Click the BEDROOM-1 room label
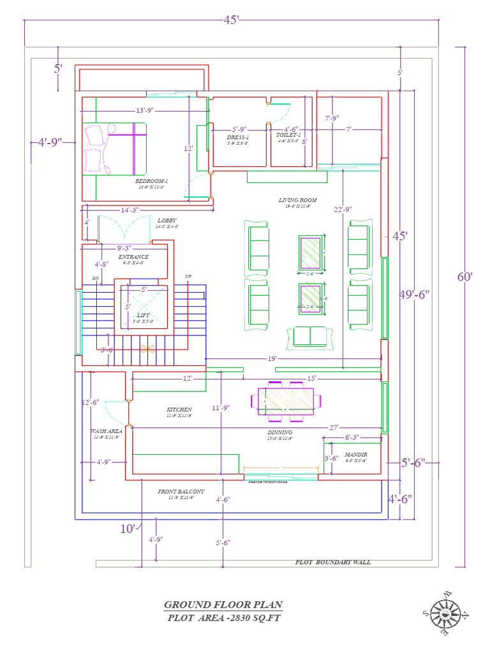click(151, 181)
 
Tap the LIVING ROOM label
click(297, 200)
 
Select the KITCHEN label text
click(179, 409)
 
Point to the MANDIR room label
click(356, 454)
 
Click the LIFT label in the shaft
click(144, 315)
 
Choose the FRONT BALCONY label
click(181, 492)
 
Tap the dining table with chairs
click(290, 401)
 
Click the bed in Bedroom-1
click(115, 149)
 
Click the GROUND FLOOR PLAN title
click(223, 605)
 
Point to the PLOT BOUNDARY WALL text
click(332, 562)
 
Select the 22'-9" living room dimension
click(342, 209)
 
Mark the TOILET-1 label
click(288, 135)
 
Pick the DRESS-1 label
click(238, 137)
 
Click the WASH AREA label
click(106, 431)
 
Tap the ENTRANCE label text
click(133, 257)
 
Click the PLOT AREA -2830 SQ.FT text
click(224, 617)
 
